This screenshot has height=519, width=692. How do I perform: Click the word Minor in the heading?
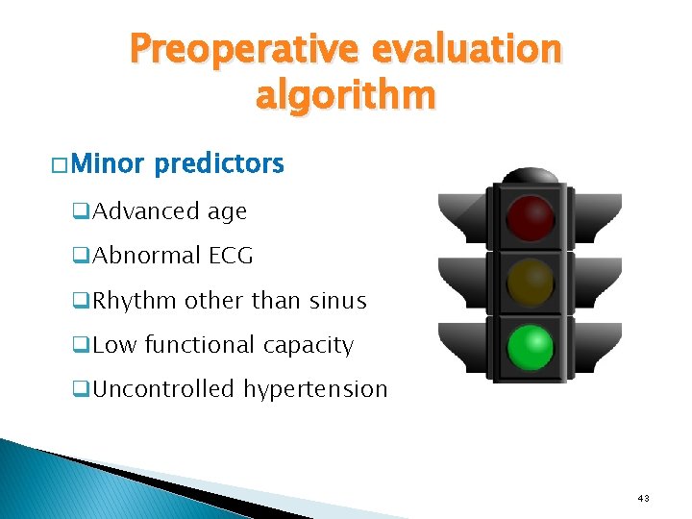107,164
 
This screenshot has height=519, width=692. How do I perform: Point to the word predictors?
219,164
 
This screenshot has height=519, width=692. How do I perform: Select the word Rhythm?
135,301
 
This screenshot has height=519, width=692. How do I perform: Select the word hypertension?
315,389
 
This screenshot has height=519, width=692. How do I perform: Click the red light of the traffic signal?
531,217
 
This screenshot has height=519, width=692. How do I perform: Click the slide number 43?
643,498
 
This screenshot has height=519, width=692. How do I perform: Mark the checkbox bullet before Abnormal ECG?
82,257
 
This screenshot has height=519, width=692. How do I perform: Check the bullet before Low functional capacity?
82,346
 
